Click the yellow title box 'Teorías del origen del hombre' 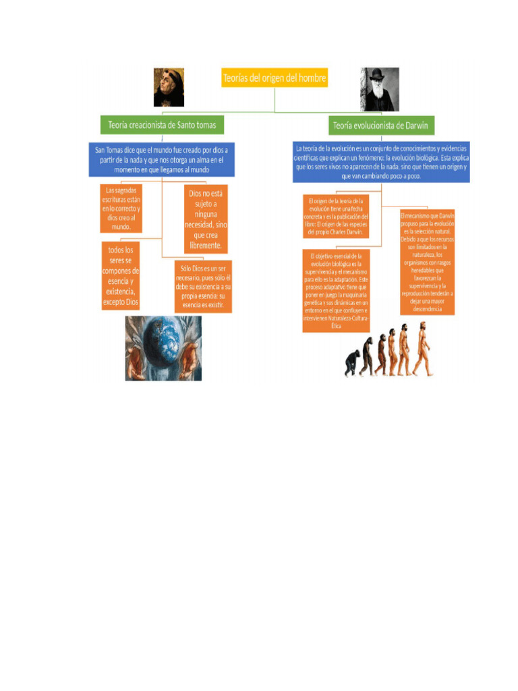tap(275, 78)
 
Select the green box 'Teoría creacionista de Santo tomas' tap(163, 125)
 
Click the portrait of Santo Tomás tap(169, 87)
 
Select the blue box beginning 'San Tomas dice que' tap(162, 160)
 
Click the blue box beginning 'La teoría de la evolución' tap(381, 162)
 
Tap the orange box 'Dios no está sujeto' tap(206, 219)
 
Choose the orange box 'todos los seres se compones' tap(121, 277)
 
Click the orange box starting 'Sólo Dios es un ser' tap(203, 287)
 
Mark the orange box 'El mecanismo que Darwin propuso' tap(428, 262)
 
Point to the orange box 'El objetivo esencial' tap(336, 291)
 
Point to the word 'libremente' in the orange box tap(206, 245)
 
